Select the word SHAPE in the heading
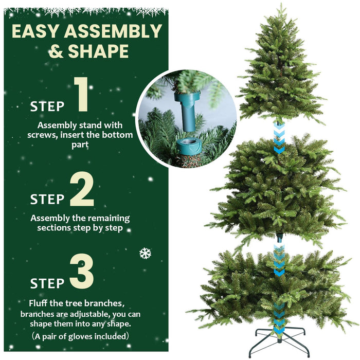coord(97,51)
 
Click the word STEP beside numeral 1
coord(47,107)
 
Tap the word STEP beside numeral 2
coord(47,200)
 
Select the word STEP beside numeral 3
coord(47,283)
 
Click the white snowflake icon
coord(145,253)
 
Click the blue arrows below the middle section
coord(279,259)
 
